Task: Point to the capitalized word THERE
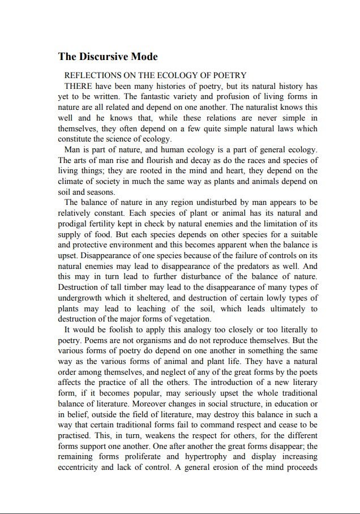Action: coord(79,86)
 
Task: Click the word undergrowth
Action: coord(82,298)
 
